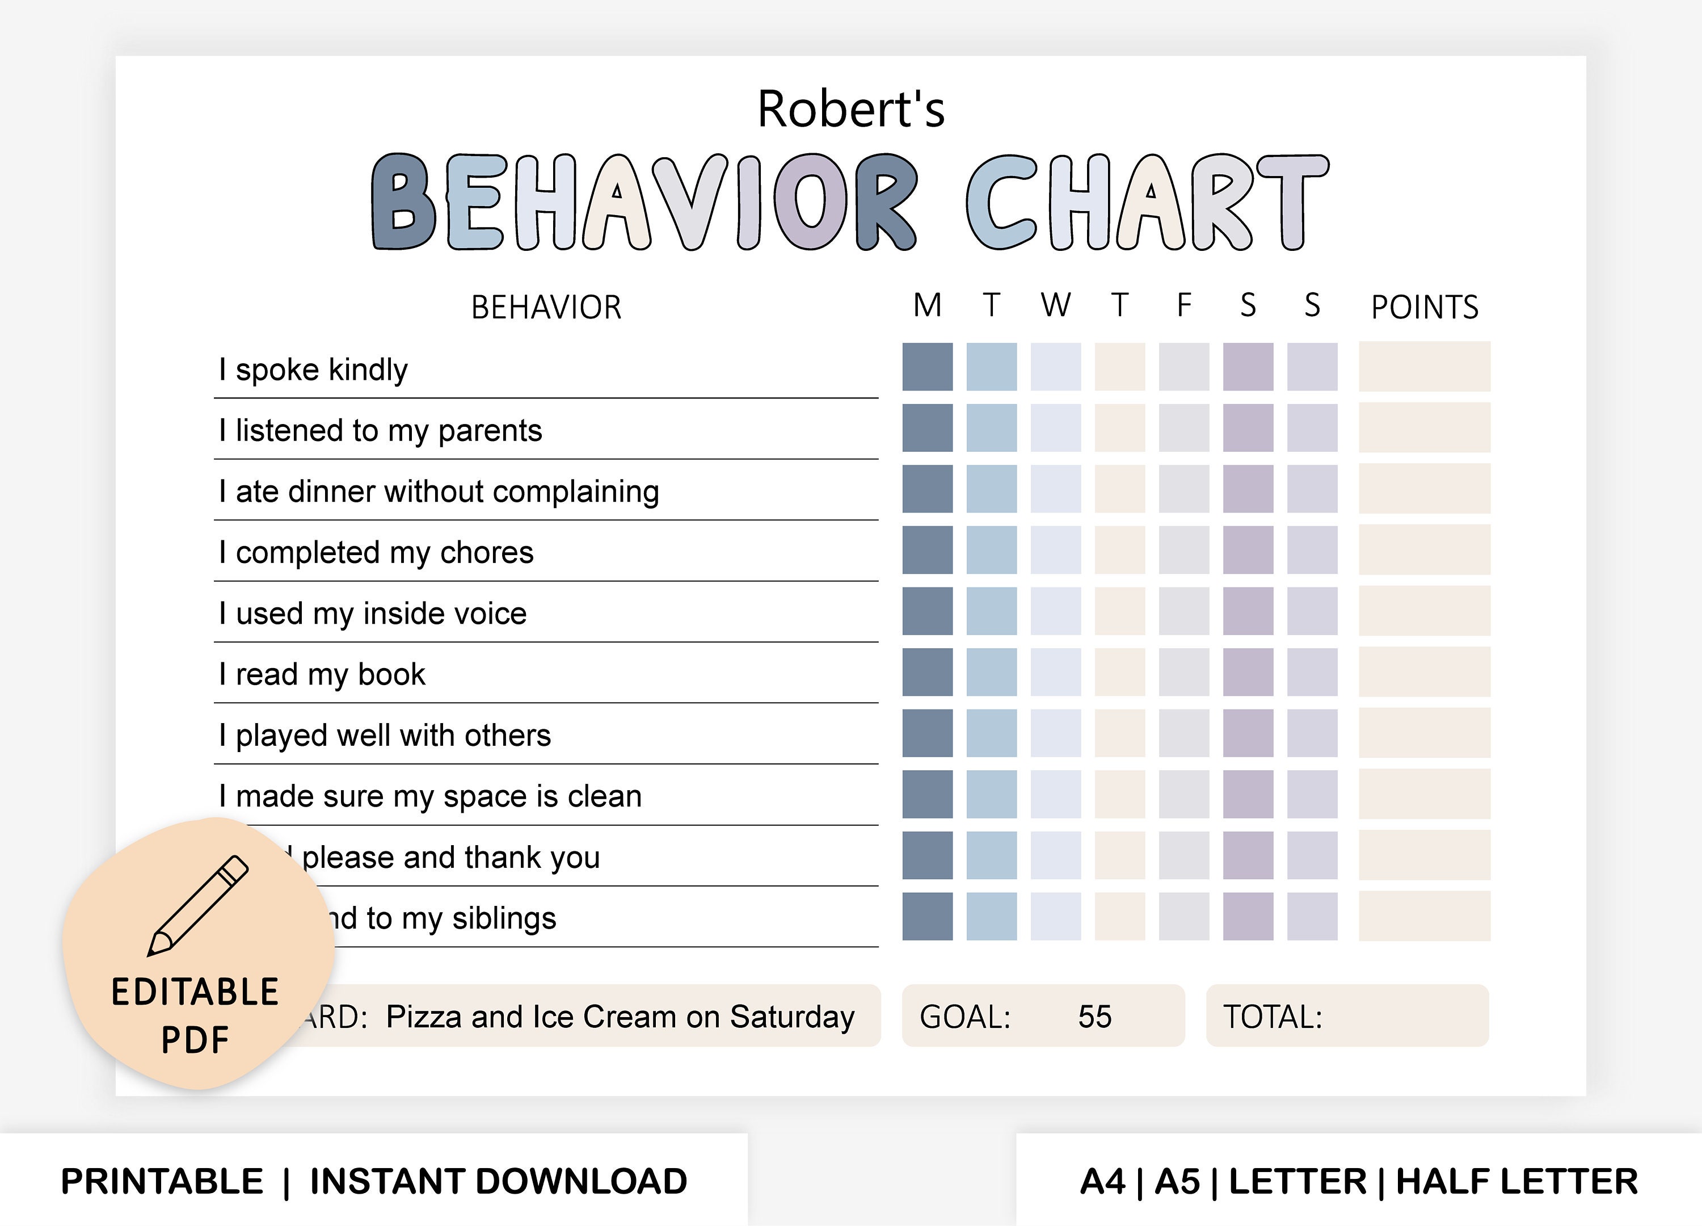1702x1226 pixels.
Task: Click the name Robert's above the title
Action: point(850,110)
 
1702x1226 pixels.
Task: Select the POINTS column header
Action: point(1425,307)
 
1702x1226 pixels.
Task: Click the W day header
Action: point(1055,305)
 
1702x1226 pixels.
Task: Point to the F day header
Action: point(1183,305)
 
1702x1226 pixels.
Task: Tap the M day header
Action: point(928,305)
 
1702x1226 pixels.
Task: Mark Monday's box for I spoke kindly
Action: point(928,367)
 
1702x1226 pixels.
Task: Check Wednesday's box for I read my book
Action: point(1055,672)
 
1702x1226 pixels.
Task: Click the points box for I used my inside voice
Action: point(1425,611)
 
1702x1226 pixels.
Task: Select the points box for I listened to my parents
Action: point(1425,428)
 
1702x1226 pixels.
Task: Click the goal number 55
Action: point(1095,1017)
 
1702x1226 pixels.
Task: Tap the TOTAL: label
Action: point(1273,1017)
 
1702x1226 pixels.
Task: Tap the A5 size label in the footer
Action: point(1177,1182)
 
